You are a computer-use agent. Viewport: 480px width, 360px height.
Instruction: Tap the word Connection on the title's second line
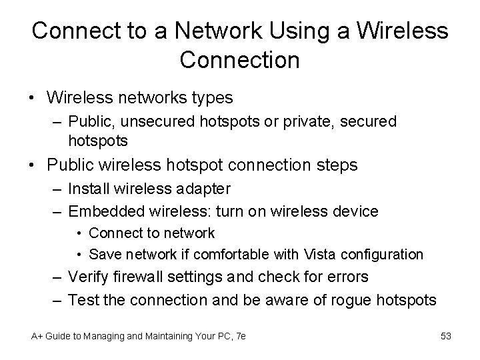pos(240,60)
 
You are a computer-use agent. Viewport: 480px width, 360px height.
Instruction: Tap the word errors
pos(347,276)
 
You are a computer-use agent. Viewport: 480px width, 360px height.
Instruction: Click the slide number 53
pos(446,336)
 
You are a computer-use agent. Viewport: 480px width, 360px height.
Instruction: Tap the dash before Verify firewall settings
pos(57,276)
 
